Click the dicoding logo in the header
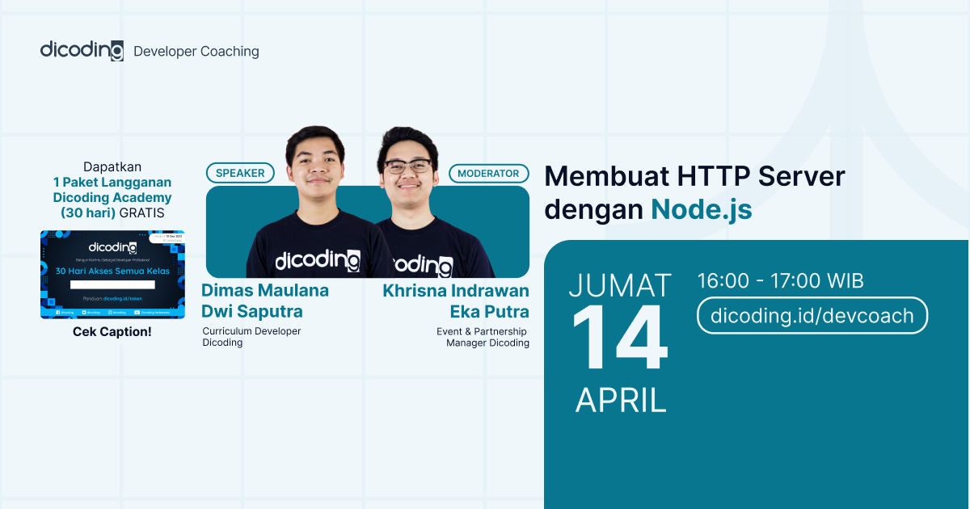(x=82, y=50)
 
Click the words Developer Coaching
(x=196, y=51)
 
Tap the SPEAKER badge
(x=240, y=173)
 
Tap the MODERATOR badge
(x=488, y=173)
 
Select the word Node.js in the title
(x=701, y=209)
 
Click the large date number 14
(x=620, y=340)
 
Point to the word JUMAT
(x=620, y=285)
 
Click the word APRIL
(x=620, y=400)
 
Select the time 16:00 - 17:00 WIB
(x=780, y=281)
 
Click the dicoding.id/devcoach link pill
(x=812, y=316)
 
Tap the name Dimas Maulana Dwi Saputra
(x=265, y=301)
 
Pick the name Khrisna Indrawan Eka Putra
(x=456, y=301)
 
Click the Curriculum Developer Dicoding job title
(x=251, y=337)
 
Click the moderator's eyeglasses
(x=407, y=166)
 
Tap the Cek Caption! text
(x=112, y=332)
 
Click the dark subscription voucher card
(x=112, y=275)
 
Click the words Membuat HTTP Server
(x=694, y=175)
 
